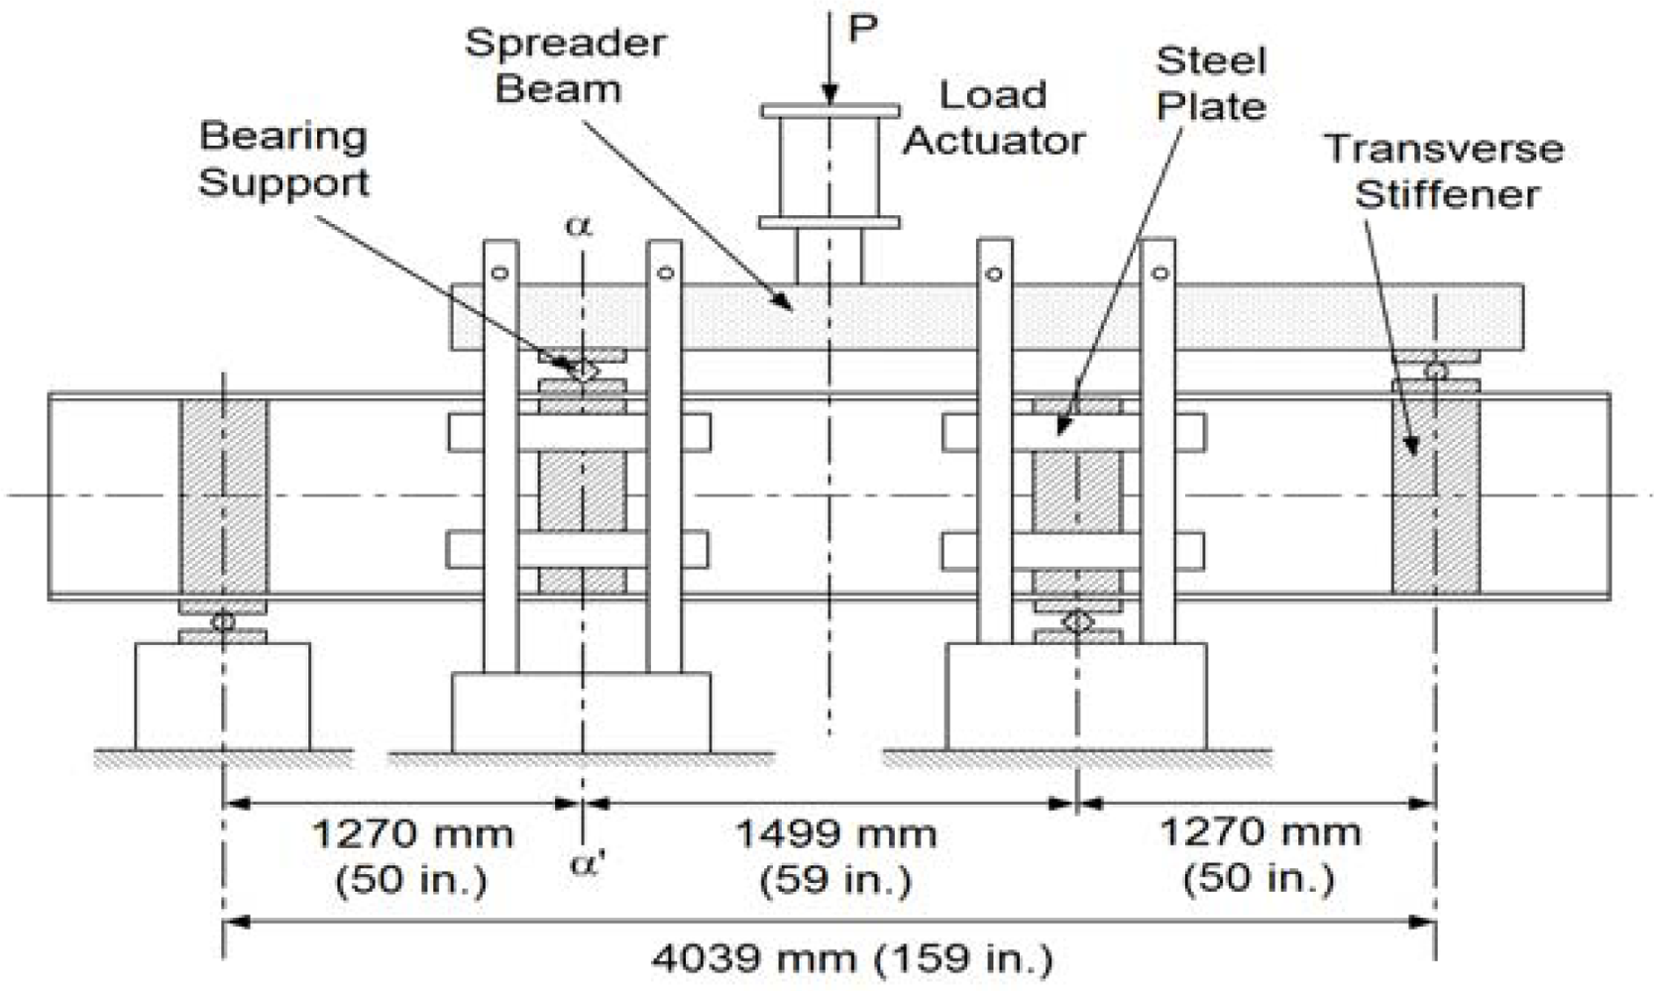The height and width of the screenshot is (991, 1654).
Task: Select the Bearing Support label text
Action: point(283,159)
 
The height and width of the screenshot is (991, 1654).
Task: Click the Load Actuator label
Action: point(993,118)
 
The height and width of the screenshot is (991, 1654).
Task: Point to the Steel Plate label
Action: point(1211,83)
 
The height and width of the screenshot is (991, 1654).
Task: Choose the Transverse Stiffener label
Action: point(1445,170)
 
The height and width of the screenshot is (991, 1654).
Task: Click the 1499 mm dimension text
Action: point(835,833)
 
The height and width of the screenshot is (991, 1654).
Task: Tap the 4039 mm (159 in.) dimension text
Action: point(852,957)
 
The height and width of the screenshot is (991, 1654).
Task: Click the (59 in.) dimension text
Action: point(835,879)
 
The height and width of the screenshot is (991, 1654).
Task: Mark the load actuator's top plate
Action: point(830,111)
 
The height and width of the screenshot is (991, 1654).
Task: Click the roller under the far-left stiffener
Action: point(223,621)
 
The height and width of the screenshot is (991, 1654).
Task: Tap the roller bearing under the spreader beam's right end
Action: point(1435,372)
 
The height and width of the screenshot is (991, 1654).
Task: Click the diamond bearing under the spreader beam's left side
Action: point(585,371)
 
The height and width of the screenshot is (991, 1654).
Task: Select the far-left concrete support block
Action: point(223,696)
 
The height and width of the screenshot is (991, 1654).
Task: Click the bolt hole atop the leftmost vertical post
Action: point(499,273)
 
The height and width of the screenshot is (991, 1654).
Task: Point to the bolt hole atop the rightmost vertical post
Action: point(1158,273)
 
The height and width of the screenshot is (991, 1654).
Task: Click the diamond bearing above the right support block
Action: point(1077,622)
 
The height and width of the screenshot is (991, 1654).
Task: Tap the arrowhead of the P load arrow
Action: point(830,95)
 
